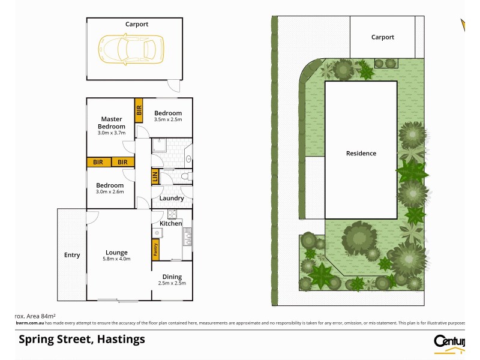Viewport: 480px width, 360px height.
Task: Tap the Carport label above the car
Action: coord(137,25)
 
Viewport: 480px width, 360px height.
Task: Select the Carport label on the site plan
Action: coord(382,37)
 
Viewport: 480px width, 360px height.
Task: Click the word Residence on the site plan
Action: coord(361,153)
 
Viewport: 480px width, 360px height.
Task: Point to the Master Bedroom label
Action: coord(113,123)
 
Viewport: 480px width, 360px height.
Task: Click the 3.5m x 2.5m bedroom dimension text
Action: coord(168,120)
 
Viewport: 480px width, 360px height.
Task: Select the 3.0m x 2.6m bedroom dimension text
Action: coord(110,192)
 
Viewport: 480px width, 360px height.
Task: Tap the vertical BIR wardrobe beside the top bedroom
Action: coord(139,110)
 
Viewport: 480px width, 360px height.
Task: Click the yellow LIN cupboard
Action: coord(154,177)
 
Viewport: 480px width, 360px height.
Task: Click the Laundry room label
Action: coord(172,198)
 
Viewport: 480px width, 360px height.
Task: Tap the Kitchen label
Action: coord(170,223)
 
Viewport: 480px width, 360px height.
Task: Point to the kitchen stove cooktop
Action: coord(172,214)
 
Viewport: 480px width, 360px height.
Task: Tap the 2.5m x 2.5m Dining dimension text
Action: coord(172,283)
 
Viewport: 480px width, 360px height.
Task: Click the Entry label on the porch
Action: coord(72,255)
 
